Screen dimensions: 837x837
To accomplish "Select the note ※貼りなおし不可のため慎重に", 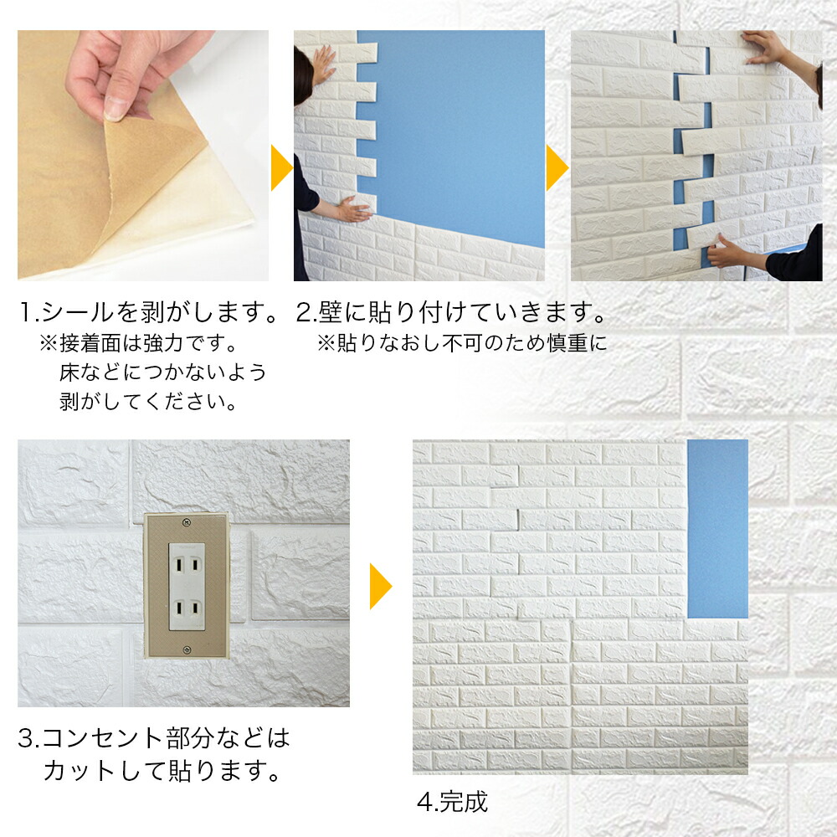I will pyautogui.click(x=461, y=344).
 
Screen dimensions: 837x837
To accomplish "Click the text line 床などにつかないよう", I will pyautogui.click(x=163, y=372).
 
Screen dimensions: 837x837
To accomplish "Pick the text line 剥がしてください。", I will pyautogui.click(x=148, y=401).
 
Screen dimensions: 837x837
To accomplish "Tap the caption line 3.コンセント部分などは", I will pyautogui.click(x=154, y=738).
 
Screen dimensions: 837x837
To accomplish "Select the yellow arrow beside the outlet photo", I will pyautogui.click(x=380, y=586).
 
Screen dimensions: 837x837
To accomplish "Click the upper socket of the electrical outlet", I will pyautogui.click(x=187, y=563).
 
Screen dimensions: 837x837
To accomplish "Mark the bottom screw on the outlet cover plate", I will pyautogui.click(x=186, y=650).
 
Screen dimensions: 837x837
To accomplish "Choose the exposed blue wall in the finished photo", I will pyautogui.click(x=717, y=527).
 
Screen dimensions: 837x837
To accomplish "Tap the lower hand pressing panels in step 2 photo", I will pyautogui.click(x=352, y=209).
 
